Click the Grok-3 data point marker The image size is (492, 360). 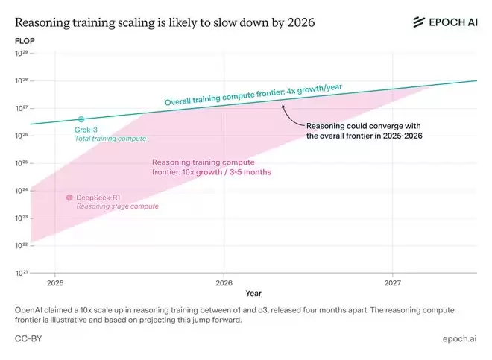click(81, 119)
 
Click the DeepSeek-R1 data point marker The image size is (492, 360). click(69, 198)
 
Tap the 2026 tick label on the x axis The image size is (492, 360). click(224, 284)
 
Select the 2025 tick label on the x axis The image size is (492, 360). click(55, 284)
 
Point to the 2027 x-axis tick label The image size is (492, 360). click(393, 284)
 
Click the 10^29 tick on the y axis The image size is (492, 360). click(22, 54)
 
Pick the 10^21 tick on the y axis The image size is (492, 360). click(22, 273)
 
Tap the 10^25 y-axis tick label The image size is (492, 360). click(22, 163)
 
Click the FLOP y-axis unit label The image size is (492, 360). click(25, 40)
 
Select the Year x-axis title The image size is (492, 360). click(254, 293)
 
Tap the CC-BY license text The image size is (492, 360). click(28, 338)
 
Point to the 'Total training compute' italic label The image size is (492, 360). click(110, 139)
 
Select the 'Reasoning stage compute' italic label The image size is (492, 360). click(117, 206)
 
